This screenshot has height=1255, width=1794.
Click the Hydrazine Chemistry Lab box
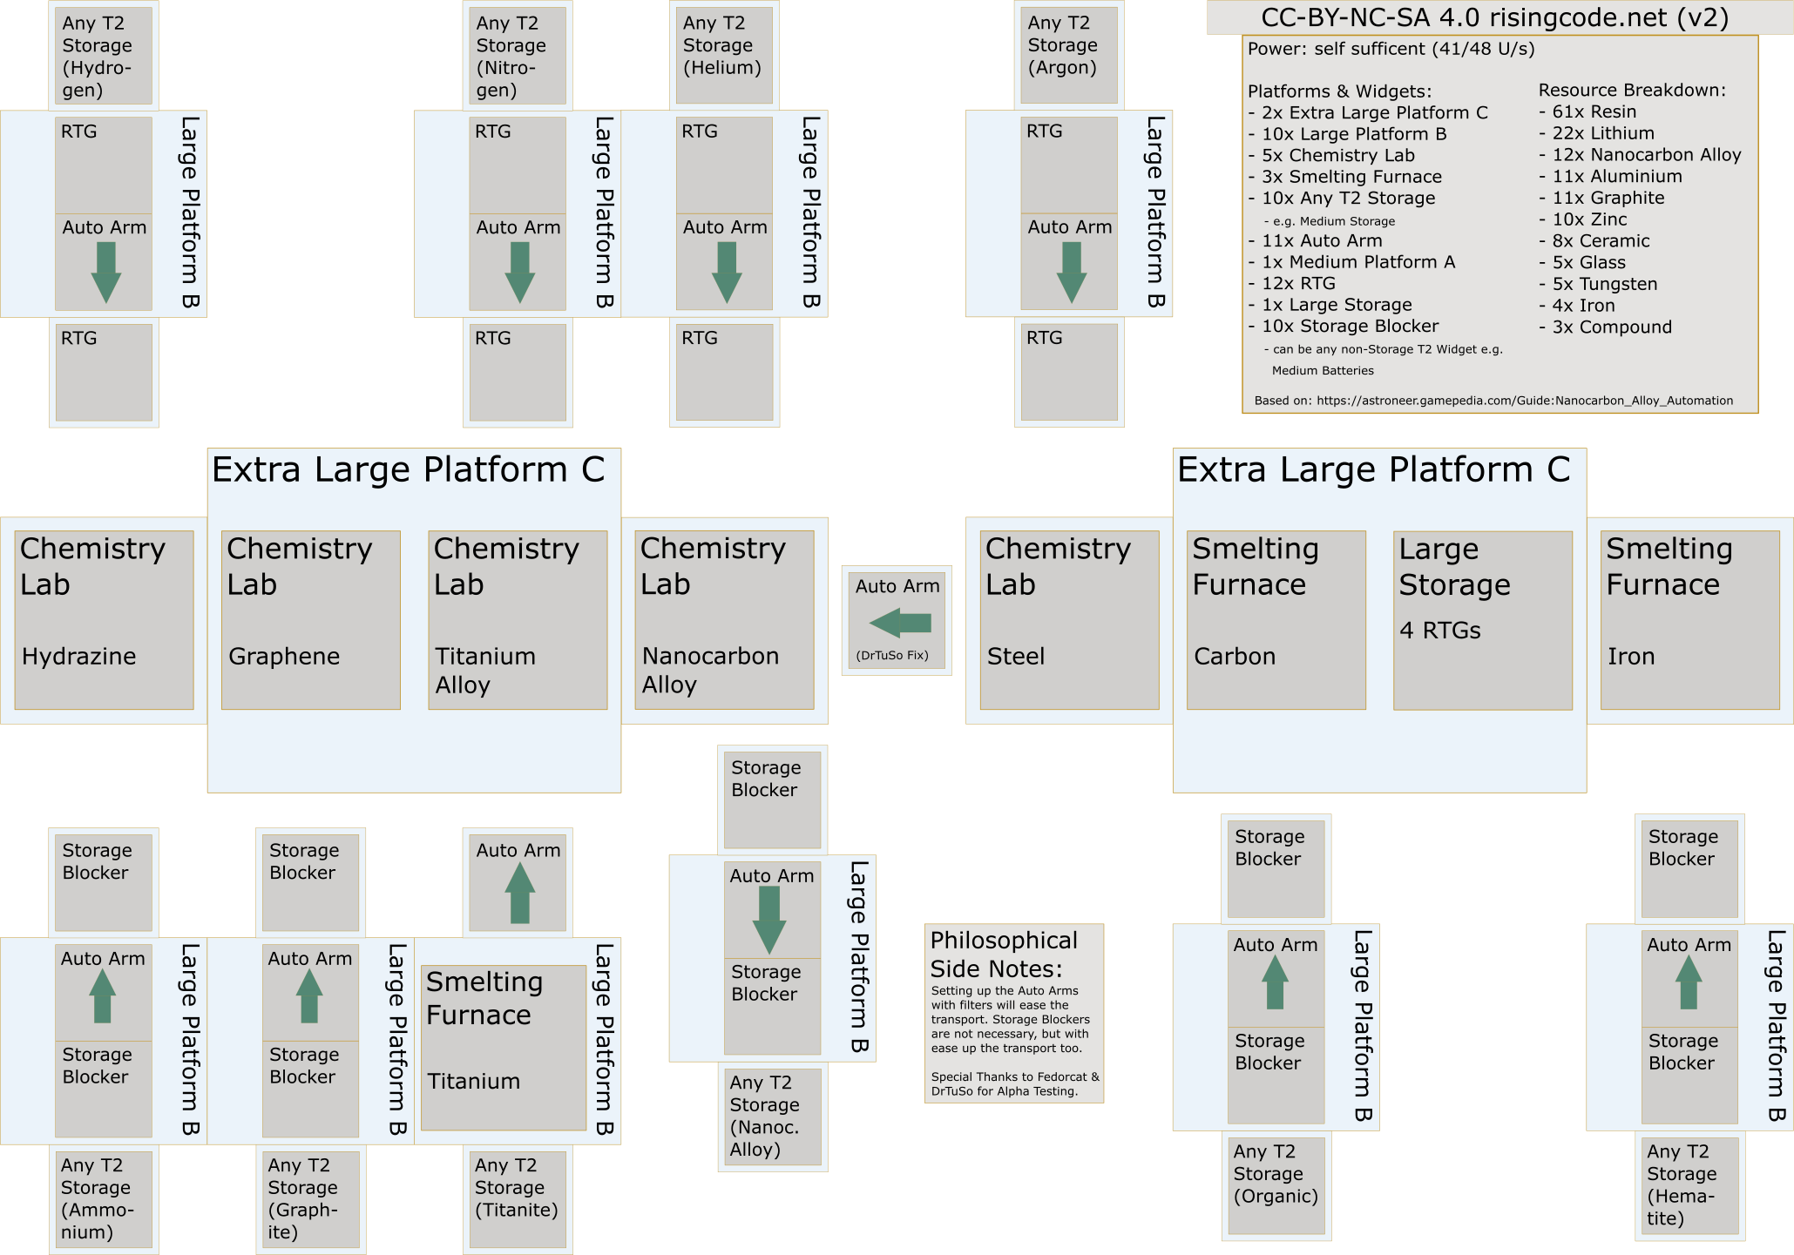104,620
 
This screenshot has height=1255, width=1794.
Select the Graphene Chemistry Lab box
311,620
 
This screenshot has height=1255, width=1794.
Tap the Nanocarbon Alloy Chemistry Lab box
724,620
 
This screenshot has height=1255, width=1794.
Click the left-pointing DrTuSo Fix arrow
900,623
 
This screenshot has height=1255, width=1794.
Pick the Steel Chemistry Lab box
1069,620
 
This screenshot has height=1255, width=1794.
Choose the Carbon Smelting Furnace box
1276,620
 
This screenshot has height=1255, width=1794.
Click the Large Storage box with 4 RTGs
1483,620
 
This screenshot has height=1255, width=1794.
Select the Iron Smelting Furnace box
1690,620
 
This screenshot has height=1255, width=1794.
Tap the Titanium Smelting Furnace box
504,1048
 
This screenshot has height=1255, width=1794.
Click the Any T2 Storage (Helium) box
724,56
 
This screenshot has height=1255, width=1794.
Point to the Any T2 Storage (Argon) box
1069,56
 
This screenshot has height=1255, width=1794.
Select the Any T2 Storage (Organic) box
1276,1185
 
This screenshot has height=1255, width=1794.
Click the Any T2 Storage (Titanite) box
518,1199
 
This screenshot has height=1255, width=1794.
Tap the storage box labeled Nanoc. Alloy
773,1117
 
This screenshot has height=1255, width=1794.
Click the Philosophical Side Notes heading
1004,955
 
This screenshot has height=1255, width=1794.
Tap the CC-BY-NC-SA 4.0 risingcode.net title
1494,17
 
